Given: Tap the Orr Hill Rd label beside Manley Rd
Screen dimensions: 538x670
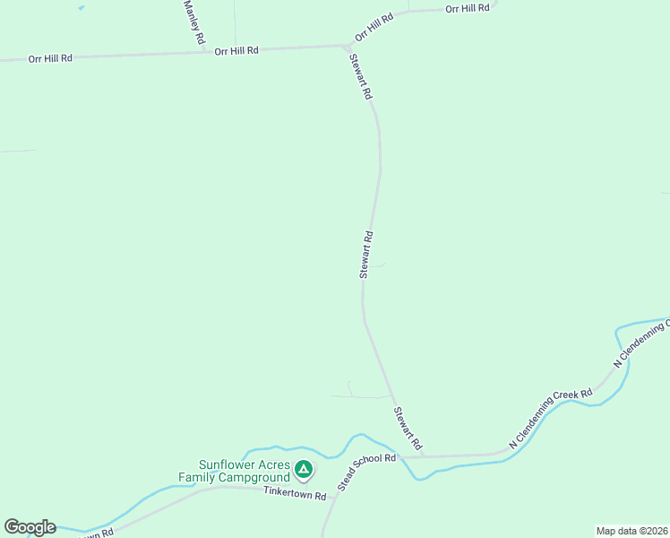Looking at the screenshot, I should point(236,51).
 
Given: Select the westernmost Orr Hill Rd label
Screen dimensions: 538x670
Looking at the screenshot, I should point(50,58).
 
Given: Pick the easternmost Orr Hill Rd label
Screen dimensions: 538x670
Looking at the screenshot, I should point(468,8).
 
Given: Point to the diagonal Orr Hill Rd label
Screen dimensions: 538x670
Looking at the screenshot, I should point(374,27).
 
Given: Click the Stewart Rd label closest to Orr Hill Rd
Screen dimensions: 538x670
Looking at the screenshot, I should point(360,75).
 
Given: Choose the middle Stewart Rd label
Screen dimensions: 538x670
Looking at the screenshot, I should point(365,255).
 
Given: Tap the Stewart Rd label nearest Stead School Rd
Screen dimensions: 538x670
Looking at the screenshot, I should point(408,429).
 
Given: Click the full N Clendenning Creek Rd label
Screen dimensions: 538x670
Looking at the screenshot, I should point(550,419).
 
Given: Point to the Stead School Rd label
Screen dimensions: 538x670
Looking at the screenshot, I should point(366,473).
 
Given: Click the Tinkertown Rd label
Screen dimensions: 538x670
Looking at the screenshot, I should point(295,494).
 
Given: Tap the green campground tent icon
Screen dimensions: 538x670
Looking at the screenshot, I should point(304,469).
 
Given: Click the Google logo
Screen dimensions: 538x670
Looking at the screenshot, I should point(30,527).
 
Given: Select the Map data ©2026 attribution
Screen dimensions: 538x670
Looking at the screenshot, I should point(631,531).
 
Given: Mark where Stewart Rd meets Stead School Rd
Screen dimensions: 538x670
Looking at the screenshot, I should point(422,456).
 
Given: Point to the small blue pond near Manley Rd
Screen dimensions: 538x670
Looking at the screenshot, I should point(82,7).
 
